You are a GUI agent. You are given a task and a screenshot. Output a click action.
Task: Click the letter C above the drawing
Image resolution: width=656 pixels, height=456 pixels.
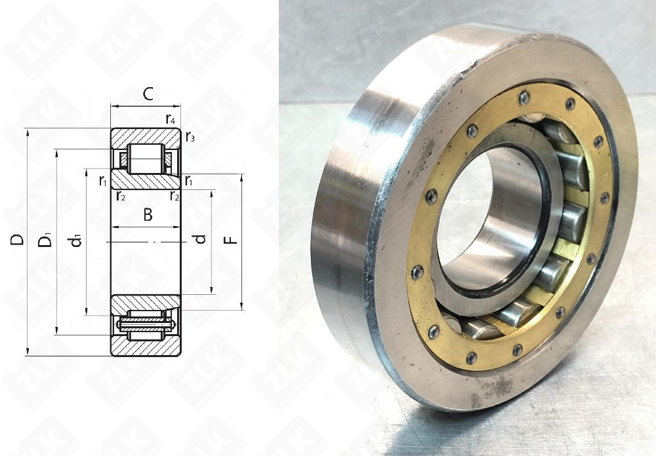tap(148, 94)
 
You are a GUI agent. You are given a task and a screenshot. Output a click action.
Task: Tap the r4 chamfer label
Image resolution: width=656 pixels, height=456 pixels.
tap(171, 119)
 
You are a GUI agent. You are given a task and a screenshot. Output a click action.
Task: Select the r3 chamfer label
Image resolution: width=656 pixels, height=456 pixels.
tap(190, 137)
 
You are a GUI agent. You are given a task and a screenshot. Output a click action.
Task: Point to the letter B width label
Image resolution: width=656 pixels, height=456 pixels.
tap(148, 215)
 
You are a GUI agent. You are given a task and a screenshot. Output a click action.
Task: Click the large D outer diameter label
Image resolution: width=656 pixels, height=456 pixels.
tap(17, 240)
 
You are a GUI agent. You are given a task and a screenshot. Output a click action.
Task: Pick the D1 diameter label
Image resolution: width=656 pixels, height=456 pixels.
tap(45, 241)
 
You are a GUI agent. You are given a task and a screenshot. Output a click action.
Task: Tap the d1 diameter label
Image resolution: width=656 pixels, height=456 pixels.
tap(75, 241)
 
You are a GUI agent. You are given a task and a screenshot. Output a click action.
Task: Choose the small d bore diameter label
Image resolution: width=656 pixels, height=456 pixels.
tap(201, 239)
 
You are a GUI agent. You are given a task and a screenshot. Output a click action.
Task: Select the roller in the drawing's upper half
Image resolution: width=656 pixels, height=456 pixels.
tap(146, 159)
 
